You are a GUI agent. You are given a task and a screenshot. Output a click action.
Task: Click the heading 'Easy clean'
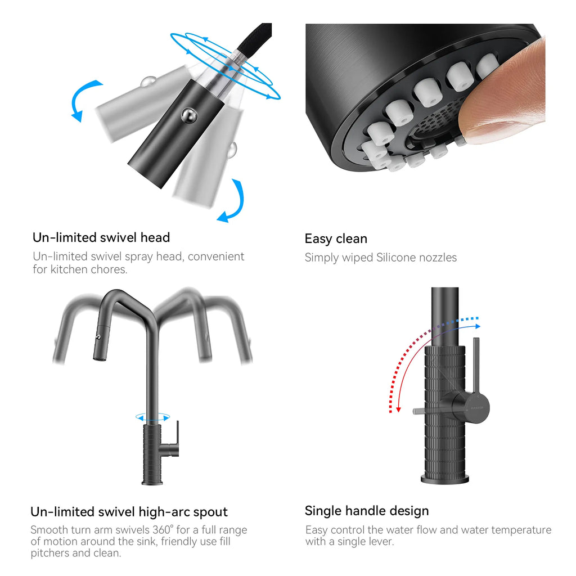pos(336,238)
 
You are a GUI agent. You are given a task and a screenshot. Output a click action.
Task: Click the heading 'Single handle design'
pos(367,511)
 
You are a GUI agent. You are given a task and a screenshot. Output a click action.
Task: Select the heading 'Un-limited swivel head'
pos(101,238)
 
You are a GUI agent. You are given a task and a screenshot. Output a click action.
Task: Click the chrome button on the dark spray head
pos(189,116)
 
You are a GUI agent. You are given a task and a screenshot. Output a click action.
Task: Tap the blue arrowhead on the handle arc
pos(477,326)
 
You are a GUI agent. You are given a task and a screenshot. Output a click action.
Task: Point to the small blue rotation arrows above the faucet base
pos(153,417)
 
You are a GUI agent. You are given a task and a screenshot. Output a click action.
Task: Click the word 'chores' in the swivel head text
pos(109,269)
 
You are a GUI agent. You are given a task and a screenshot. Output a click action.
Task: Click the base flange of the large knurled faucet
pos(445,479)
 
